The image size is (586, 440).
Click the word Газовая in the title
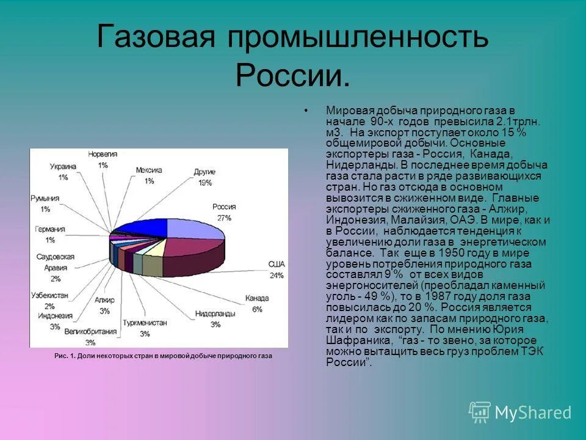(x=156, y=38)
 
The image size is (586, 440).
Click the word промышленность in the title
(x=358, y=38)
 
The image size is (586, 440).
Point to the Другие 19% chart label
(x=204, y=177)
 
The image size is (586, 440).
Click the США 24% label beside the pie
(x=277, y=269)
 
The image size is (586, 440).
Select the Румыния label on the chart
(x=45, y=204)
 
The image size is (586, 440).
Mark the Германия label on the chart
(x=50, y=234)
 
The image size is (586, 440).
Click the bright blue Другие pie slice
(x=142, y=227)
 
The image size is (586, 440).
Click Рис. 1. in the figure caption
(x=63, y=356)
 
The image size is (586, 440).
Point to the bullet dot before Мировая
(x=305, y=111)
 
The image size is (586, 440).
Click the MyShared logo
(x=520, y=412)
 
